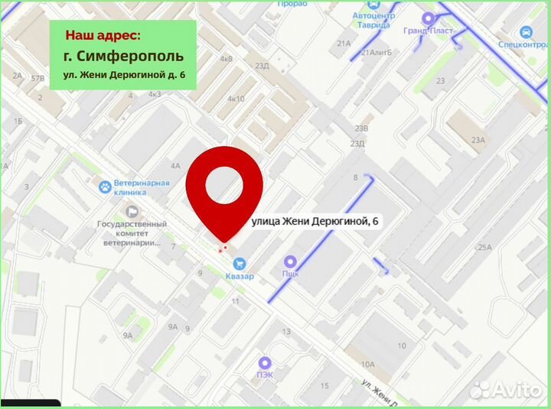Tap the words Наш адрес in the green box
(x=103, y=35)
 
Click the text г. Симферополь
(x=123, y=57)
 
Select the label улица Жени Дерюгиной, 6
(x=315, y=221)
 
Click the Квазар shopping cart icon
(x=240, y=263)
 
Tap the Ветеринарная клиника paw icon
(x=103, y=186)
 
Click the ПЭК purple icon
(x=265, y=362)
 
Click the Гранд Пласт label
(x=428, y=31)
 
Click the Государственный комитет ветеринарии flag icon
(x=132, y=211)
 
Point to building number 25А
(x=484, y=247)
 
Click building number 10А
(x=368, y=364)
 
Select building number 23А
(x=478, y=140)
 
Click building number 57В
(x=37, y=78)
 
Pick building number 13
(x=286, y=332)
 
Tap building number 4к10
(x=236, y=99)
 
